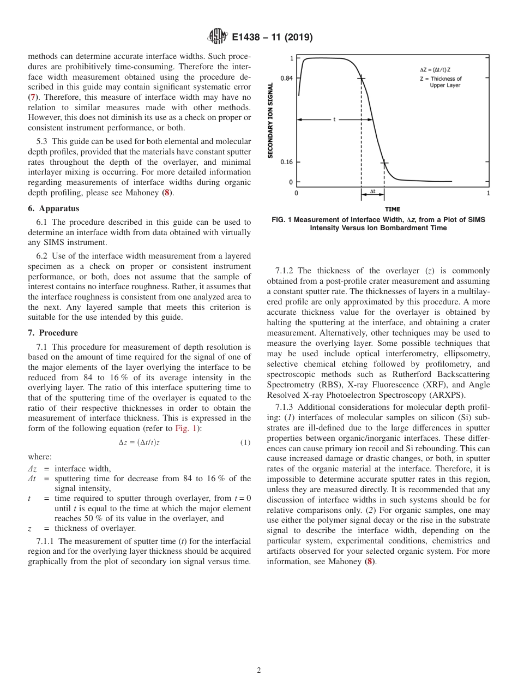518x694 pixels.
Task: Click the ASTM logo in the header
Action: pyautogui.click(x=218, y=37)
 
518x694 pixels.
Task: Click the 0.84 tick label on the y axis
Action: pyautogui.click(x=286, y=78)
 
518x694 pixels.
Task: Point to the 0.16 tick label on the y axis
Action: pyautogui.click(x=286, y=162)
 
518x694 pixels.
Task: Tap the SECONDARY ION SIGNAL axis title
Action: pyautogui.click(x=270, y=121)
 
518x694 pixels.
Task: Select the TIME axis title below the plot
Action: pyautogui.click(x=392, y=209)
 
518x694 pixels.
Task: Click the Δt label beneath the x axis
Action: pyautogui.click(x=372, y=192)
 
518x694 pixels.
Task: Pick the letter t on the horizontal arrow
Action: pyautogui.click(x=334, y=119)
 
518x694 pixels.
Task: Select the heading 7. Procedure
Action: pyautogui.click(x=53, y=333)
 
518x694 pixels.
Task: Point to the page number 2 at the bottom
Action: pyautogui.click(x=259, y=671)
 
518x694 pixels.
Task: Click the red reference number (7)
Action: pyautogui.click(x=33, y=97)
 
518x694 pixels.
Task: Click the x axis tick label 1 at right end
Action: pyautogui.click(x=487, y=193)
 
